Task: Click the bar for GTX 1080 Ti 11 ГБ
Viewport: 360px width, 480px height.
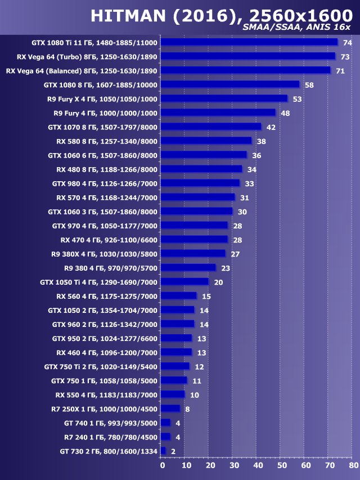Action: click(x=249, y=42)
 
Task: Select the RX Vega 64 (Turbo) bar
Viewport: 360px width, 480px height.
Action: click(x=248, y=56)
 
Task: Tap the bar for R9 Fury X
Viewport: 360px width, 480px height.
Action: click(x=224, y=98)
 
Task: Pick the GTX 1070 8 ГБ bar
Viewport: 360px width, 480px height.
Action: click(x=211, y=127)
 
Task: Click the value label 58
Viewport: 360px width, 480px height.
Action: click(x=309, y=85)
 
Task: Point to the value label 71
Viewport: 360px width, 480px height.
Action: click(x=340, y=71)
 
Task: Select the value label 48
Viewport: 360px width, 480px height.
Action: click(x=285, y=113)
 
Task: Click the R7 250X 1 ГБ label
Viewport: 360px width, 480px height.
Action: click(x=105, y=409)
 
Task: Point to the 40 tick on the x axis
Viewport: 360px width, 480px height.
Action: click(x=258, y=465)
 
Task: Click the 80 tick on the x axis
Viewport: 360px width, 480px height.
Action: click(x=353, y=465)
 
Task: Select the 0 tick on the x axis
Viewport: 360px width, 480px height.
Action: click(x=163, y=465)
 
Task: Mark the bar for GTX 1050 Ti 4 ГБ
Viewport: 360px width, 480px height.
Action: click(x=184, y=282)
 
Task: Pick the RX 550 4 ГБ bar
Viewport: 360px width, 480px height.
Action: click(x=173, y=394)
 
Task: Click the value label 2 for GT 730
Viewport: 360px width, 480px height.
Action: click(x=173, y=451)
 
